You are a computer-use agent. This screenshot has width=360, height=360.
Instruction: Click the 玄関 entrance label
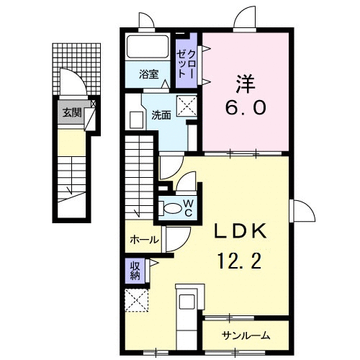point(71,112)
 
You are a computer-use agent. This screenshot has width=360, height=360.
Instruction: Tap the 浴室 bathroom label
point(150,73)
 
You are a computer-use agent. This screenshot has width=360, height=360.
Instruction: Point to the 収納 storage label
point(135,270)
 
